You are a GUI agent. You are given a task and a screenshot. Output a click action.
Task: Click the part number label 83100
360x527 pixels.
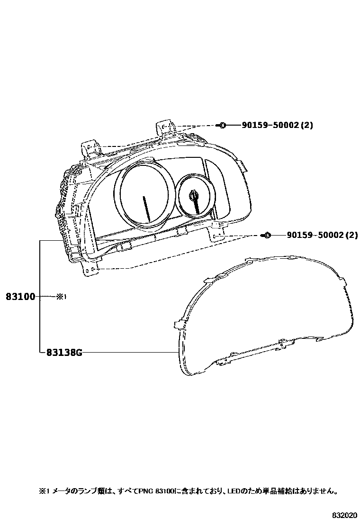(x=20, y=297)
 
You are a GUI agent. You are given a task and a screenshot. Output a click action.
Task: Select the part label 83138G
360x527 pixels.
(x=64, y=353)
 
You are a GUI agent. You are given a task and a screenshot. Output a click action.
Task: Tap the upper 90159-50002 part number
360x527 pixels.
(x=270, y=126)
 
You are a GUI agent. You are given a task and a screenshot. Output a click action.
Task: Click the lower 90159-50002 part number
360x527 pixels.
(x=315, y=235)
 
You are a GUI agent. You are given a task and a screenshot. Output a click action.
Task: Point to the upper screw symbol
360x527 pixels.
(x=222, y=126)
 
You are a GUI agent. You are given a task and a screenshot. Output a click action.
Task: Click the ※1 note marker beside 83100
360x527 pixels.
(x=61, y=297)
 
